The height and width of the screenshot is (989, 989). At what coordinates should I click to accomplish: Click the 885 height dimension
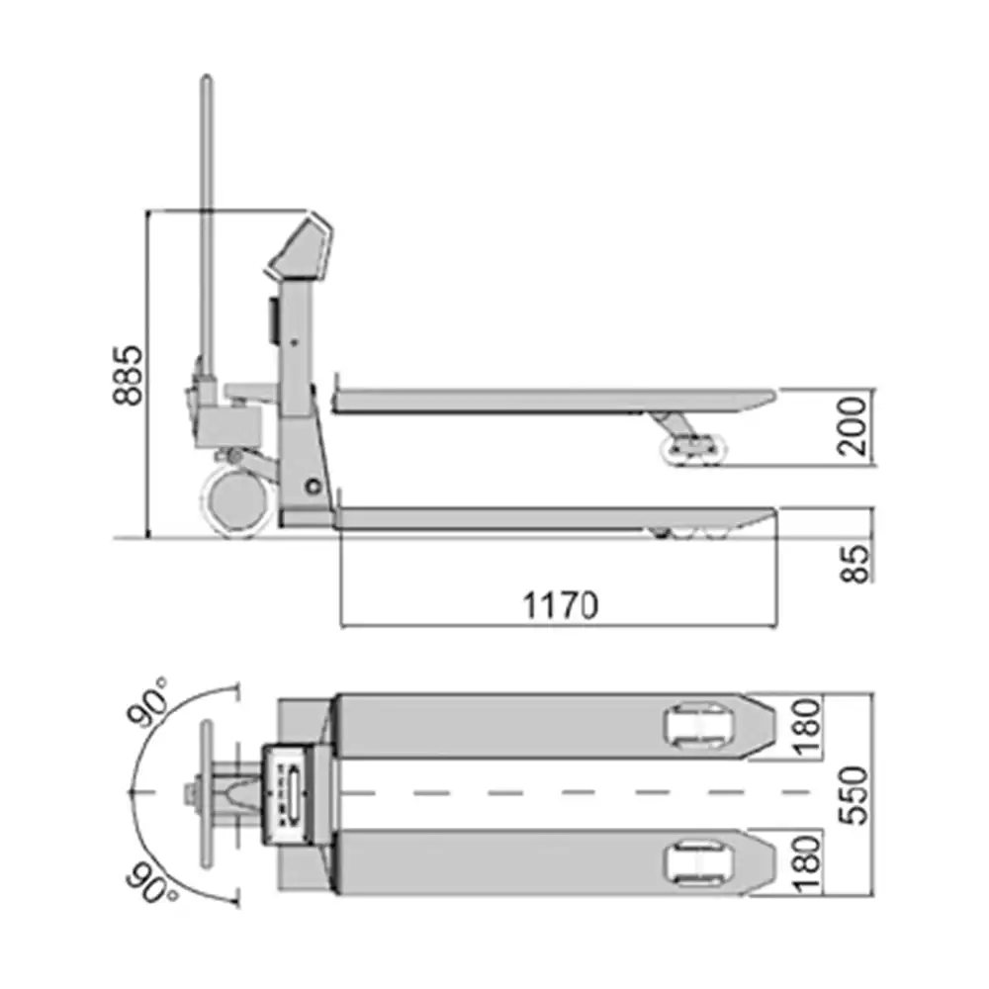click(x=129, y=376)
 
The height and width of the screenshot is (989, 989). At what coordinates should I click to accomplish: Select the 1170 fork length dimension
click(x=561, y=605)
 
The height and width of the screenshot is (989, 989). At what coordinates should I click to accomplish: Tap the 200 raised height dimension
click(x=856, y=425)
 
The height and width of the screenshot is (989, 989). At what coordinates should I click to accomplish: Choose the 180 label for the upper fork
click(x=808, y=727)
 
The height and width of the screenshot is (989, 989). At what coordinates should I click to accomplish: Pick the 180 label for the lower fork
click(x=808, y=863)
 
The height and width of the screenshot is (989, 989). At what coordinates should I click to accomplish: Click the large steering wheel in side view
click(x=237, y=500)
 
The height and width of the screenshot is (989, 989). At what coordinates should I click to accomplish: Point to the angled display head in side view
click(x=303, y=247)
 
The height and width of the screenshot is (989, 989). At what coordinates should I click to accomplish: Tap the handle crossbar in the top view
click(x=207, y=793)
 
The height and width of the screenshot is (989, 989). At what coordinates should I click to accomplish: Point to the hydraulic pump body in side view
click(x=226, y=420)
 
